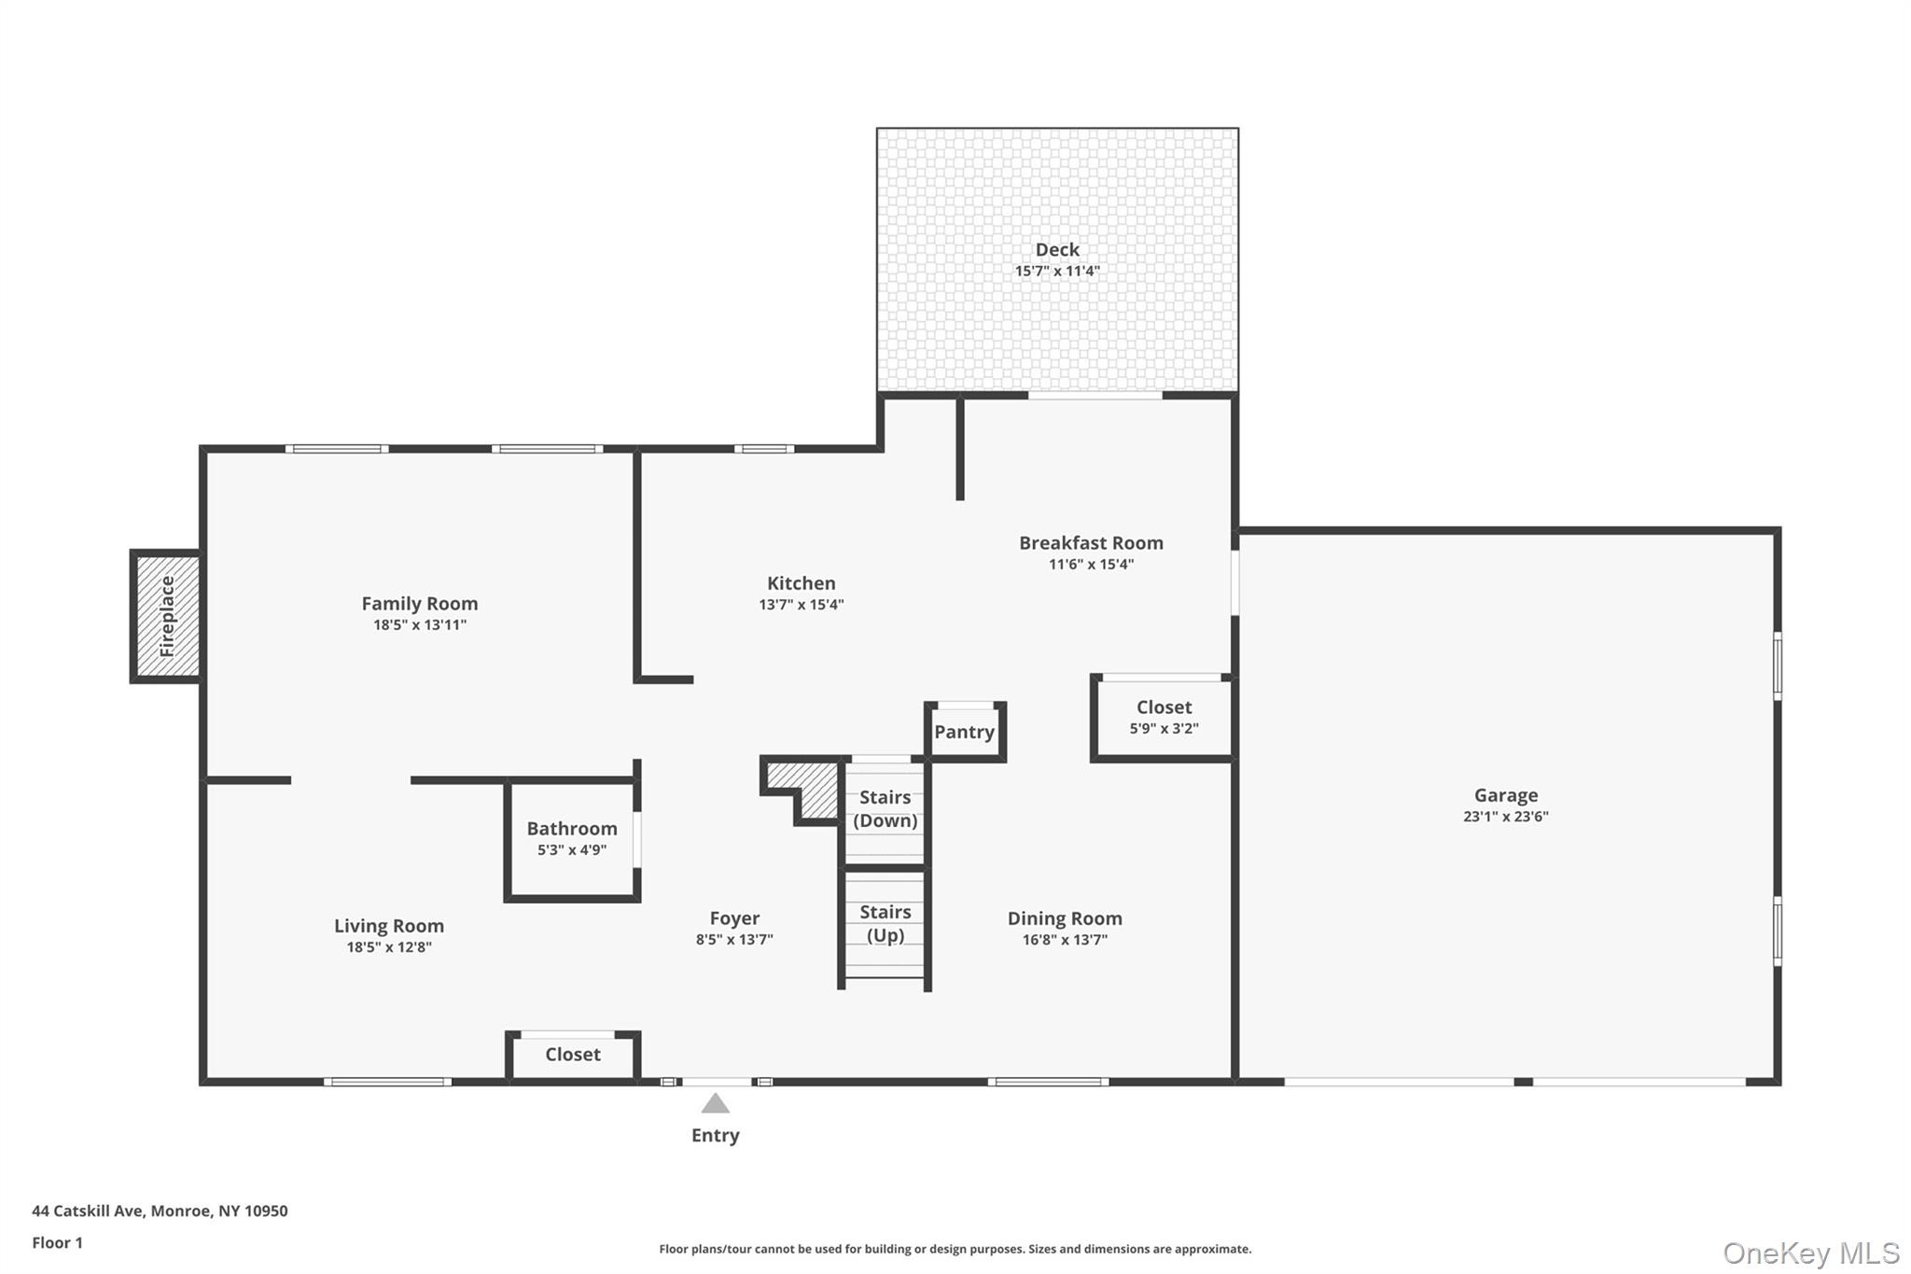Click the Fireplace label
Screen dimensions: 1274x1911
point(168,617)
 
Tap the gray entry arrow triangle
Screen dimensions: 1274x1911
point(716,1104)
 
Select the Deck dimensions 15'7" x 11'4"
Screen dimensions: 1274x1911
point(1057,272)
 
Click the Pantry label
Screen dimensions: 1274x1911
point(964,732)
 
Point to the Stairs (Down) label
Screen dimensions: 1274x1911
point(885,808)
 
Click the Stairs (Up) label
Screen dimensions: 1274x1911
point(885,923)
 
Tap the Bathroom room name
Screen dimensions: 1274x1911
point(571,829)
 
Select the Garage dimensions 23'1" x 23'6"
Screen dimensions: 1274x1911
point(1505,817)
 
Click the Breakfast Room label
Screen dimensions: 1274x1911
point(1090,543)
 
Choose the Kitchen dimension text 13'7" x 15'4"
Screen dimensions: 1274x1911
point(801,605)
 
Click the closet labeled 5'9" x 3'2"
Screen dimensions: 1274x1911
point(1163,717)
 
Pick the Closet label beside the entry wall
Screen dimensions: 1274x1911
point(572,1055)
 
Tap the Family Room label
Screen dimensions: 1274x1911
point(419,604)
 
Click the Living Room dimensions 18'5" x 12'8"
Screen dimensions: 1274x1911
point(388,947)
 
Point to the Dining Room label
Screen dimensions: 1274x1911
point(1064,918)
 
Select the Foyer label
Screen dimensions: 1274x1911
point(734,918)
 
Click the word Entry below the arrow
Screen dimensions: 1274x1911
point(715,1136)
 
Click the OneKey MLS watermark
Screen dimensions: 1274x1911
point(1810,1253)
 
